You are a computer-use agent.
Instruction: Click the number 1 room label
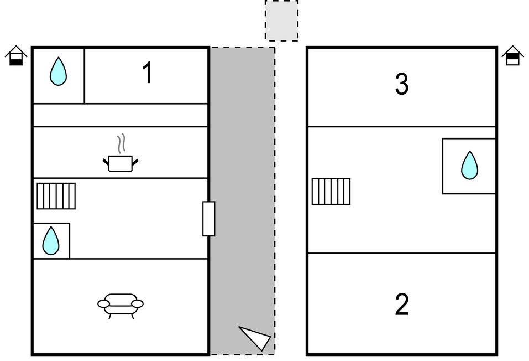(148, 73)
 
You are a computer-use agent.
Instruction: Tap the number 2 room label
(402, 305)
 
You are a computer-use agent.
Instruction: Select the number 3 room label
(402, 84)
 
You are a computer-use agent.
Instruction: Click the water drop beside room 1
(59, 71)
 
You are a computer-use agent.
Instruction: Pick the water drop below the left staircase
(51, 241)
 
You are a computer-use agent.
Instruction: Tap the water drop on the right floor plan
(470, 166)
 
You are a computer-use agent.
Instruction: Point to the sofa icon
(121, 306)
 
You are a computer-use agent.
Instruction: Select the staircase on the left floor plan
(56, 196)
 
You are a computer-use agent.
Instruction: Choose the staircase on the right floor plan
(331, 192)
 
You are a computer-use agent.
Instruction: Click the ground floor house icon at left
(16, 56)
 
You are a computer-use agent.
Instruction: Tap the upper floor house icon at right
(513, 56)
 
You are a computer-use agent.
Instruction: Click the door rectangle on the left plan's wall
(209, 219)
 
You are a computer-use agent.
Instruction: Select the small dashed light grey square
(281, 20)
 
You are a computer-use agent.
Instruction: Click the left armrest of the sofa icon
(103, 304)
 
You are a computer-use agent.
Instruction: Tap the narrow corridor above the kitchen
(121, 115)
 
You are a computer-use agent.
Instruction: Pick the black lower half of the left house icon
(16, 62)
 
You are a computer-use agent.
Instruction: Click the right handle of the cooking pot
(135, 163)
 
